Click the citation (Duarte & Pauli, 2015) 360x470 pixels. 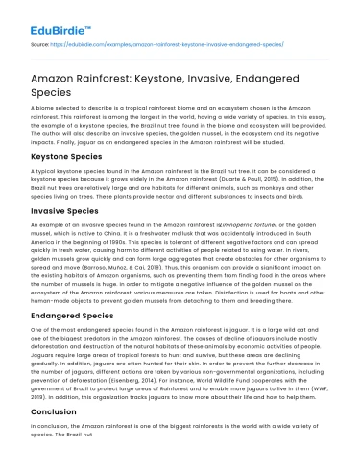pyautogui.click(x=273, y=178)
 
